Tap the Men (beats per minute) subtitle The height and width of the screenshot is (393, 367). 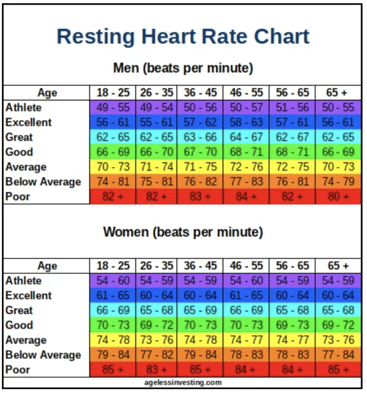tap(183, 68)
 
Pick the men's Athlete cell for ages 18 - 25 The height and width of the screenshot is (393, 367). tap(113, 107)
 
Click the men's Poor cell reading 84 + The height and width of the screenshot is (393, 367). tap(246, 197)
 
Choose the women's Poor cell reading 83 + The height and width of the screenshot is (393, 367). tap(156, 370)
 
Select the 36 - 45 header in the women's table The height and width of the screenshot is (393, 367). tap(200, 266)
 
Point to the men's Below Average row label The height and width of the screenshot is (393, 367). tap(43, 182)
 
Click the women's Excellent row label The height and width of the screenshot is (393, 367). tap(28, 296)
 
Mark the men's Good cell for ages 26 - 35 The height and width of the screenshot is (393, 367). tap(156, 152)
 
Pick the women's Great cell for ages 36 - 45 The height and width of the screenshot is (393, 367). tap(200, 310)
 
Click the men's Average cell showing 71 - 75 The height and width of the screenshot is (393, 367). tap(200, 167)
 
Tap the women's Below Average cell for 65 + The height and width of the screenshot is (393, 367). tap(338, 355)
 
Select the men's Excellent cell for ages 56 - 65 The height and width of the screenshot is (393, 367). tap(292, 122)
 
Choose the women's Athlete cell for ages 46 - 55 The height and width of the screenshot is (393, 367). tap(246, 281)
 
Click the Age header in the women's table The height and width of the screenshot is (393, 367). tap(48, 266)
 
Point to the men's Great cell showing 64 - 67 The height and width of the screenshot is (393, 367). tap(246, 137)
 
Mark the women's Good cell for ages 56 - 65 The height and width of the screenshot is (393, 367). tap(292, 325)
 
